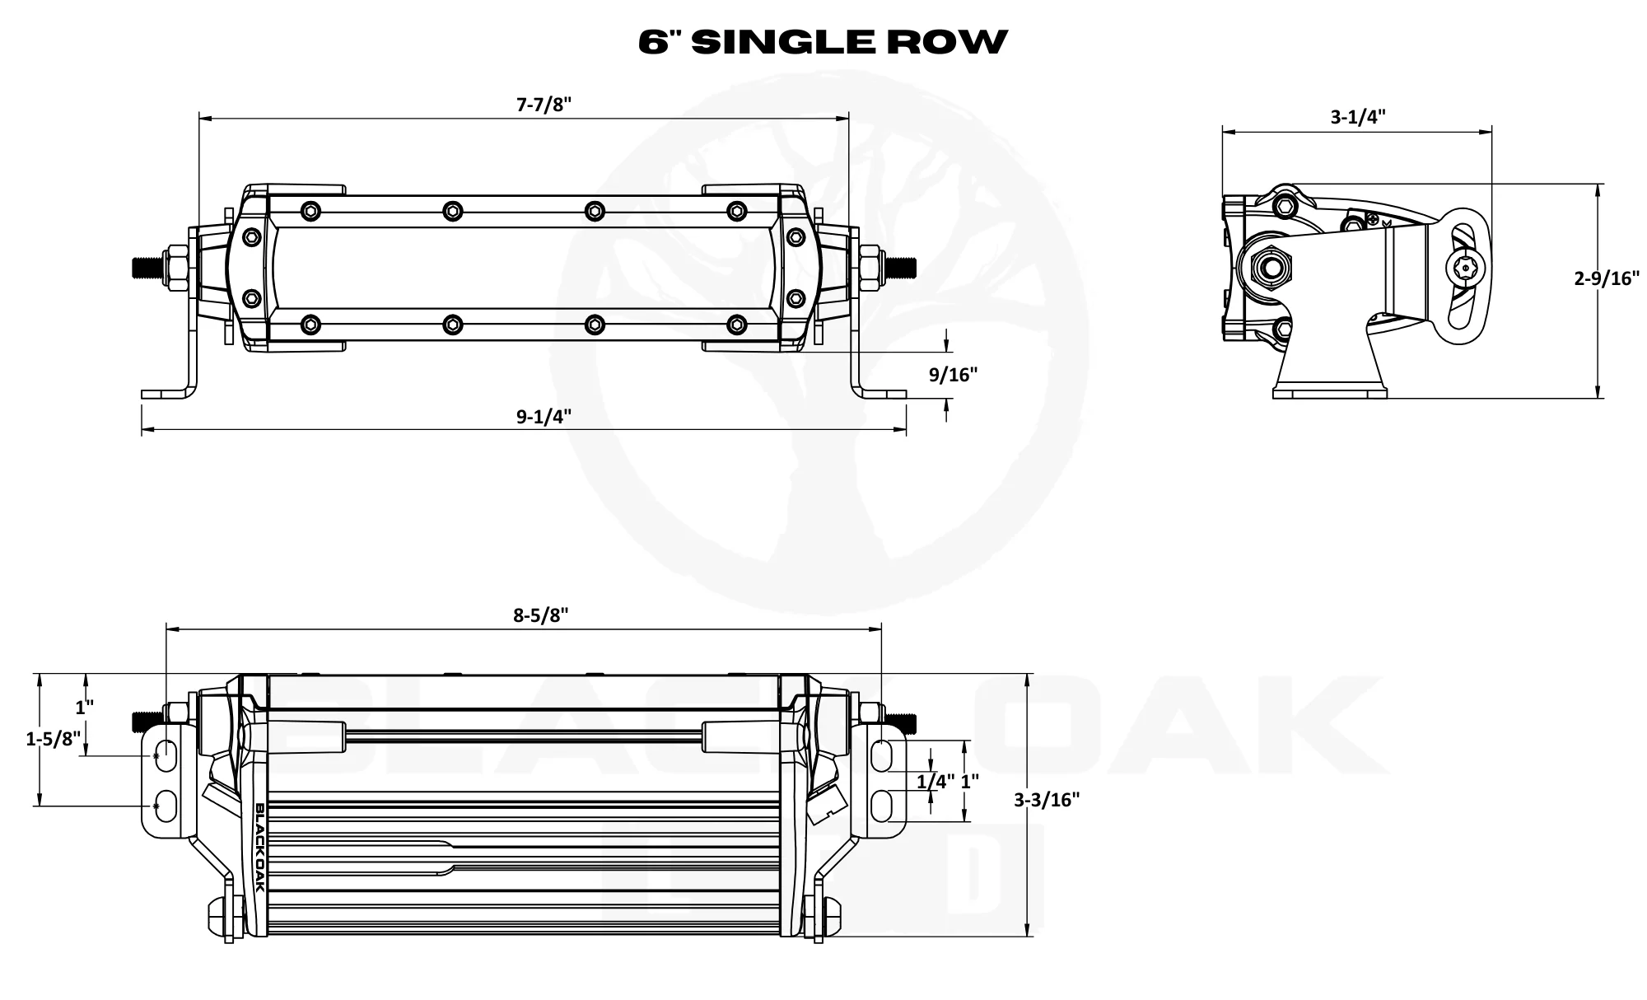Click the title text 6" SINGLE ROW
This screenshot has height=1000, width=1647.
tap(823, 41)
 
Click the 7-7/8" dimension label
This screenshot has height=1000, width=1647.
tap(544, 105)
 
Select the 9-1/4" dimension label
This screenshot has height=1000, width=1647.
tap(544, 416)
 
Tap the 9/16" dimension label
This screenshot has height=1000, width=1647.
tap(953, 375)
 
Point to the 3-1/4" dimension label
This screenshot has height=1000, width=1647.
tap(1358, 116)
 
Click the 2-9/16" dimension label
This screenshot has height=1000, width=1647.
tap(1607, 278)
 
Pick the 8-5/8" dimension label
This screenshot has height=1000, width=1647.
tap(541, 615)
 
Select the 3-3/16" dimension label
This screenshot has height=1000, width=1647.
tap(1047, 799)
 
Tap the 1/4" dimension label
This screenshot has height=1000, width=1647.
tap(935, 781)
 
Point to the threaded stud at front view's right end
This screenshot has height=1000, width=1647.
tap(902, 267)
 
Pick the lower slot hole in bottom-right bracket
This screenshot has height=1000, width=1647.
tap(882, 804)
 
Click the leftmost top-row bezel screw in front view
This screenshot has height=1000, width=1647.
tap(310, 211)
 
